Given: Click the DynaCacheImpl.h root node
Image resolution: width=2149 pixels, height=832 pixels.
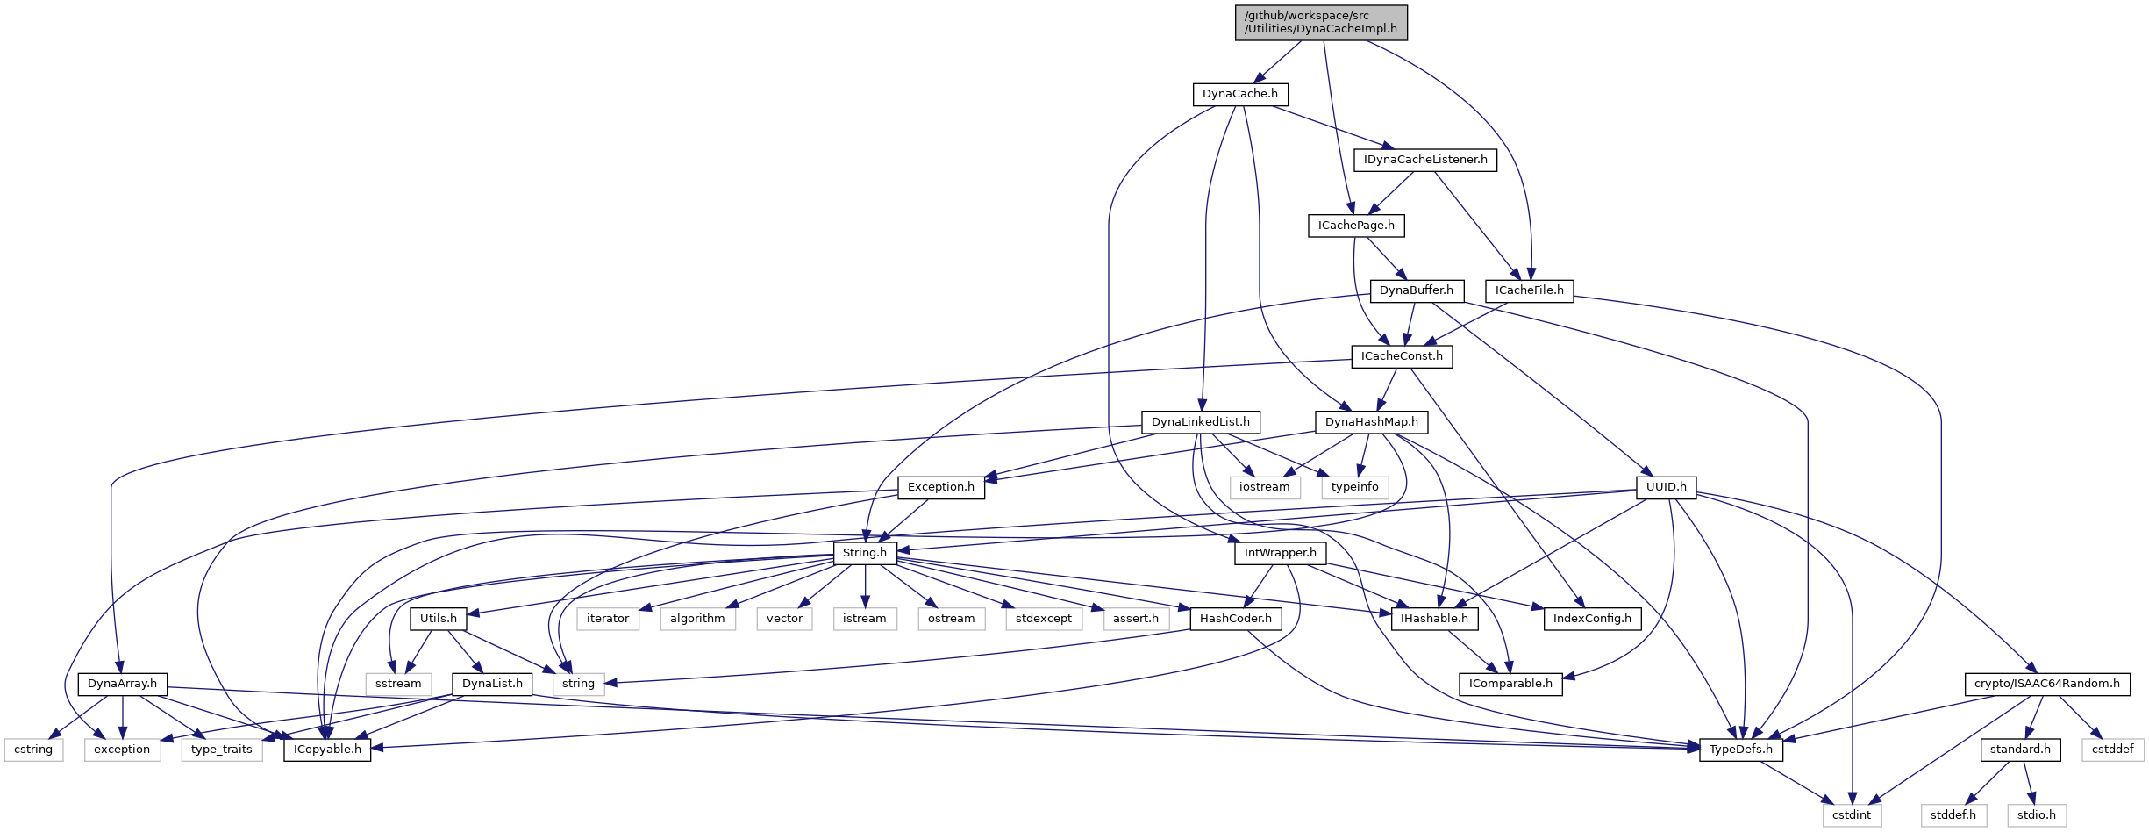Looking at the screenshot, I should pos(1321,23).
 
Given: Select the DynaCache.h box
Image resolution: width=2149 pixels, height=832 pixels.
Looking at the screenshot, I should pos(1239,94).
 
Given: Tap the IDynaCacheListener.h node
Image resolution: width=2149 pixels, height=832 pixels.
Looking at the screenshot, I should pos(1425,160).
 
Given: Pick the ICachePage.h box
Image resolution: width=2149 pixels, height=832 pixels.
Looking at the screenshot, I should pos(1355,226).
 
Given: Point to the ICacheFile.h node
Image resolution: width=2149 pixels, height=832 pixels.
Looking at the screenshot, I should pos(1529,290).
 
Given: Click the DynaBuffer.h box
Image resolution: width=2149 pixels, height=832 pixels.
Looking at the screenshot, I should pos(1416,290).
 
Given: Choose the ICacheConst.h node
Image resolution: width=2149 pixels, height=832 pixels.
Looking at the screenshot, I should pos(1401,356).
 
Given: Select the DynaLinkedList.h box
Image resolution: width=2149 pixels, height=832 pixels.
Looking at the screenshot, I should pos(1200,422).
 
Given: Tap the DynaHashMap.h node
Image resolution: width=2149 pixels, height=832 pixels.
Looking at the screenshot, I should pos(1371,422).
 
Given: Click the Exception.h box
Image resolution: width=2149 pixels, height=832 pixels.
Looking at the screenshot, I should pos(940,487).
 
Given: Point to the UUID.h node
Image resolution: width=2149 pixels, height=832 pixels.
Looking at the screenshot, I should pos(1666,487).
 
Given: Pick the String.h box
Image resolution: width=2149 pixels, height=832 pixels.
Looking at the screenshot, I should pos(864,553).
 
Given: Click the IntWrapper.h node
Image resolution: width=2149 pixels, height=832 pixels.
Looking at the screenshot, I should pos(1280,553).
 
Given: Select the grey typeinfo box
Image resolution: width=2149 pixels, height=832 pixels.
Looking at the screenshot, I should pos(1354,487).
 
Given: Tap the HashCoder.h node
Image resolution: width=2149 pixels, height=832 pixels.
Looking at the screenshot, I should pos(1235,619).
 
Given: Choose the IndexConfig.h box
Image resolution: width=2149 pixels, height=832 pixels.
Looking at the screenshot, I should pos(1591,619).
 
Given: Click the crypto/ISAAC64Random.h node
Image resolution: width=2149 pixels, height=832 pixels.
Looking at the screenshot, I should pos(2046,684).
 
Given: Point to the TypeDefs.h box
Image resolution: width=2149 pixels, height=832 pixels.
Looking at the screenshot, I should pos(1740,750).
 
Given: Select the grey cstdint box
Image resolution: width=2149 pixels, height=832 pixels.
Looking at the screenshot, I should pos(1851,815).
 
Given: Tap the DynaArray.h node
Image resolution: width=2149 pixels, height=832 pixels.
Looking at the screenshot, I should pos(122,684).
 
